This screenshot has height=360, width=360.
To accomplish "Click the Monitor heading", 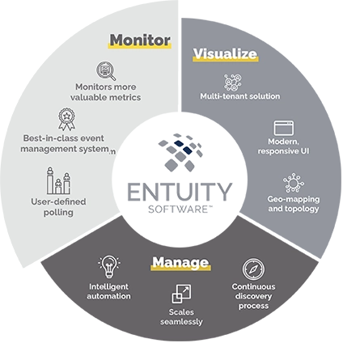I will (x=140, y=40).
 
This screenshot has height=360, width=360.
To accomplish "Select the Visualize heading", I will (x=225, y=54).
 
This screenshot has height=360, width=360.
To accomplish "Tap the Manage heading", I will (x=180, y=262).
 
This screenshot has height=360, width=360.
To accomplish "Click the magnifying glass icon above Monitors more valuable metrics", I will (x=106, y=70).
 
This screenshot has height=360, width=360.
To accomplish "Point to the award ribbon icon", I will (x=67, y=119).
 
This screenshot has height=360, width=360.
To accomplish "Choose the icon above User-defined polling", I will (x=57, y=180).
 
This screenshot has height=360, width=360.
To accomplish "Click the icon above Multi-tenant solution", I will (x=233, y=83).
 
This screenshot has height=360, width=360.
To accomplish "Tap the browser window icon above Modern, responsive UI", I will (x=282, y=127).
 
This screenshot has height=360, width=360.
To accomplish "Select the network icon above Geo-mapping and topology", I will (x=294, y=182).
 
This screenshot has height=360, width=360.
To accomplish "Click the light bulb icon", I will (x=108, y=265).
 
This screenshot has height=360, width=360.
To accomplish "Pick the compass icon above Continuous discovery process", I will (x=252, y=269).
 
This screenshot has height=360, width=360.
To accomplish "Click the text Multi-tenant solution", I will (x=240, y=97).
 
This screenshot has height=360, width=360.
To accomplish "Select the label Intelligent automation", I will (x=108, y=290).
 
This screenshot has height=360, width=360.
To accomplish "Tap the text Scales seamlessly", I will (x=181, y=316).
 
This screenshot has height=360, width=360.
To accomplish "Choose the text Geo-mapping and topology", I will (x=293, y=203).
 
